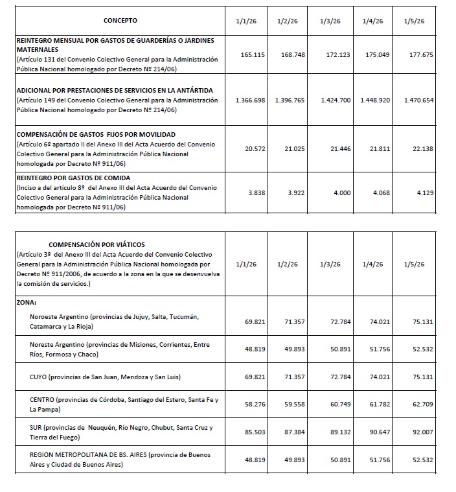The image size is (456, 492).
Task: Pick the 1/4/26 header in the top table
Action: click(x=373, y=21)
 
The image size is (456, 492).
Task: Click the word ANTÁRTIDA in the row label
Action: click(x=203, y=90)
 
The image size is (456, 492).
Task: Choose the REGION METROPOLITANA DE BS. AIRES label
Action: click(x=88, y=456)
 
